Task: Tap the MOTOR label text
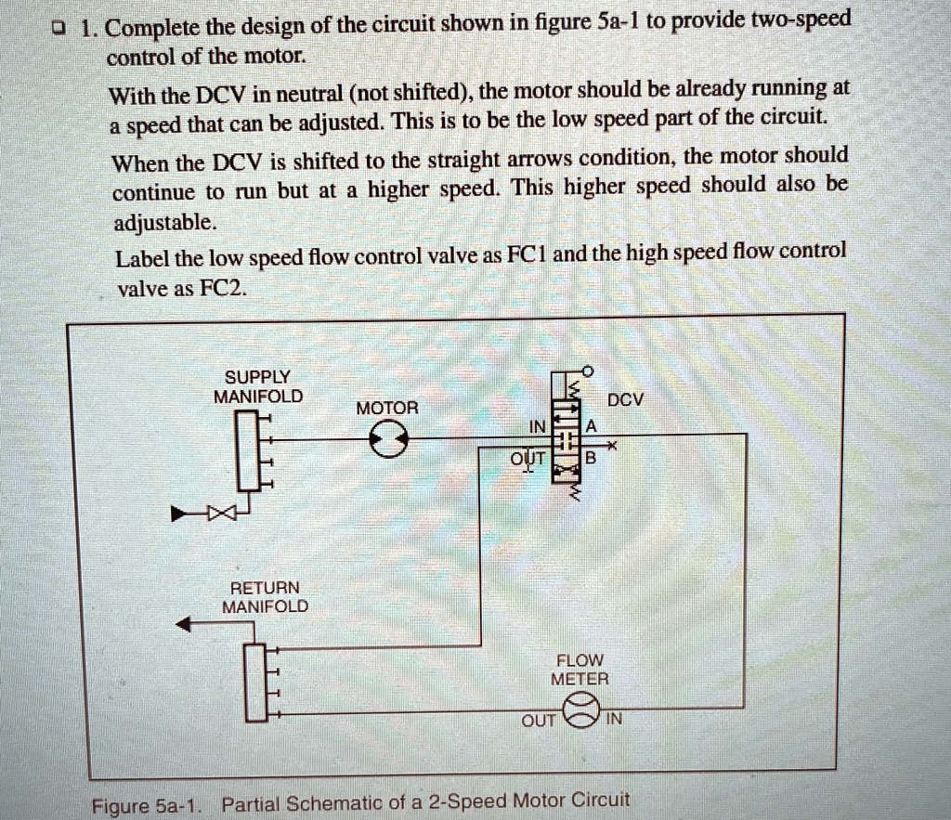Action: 388,409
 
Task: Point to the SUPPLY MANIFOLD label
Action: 257,386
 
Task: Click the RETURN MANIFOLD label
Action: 265,597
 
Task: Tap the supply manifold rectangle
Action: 246,453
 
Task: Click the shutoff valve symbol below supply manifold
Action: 222,512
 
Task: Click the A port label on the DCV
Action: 588,425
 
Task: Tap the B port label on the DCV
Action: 588,458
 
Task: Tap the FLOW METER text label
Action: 580,670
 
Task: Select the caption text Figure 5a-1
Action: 145,804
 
